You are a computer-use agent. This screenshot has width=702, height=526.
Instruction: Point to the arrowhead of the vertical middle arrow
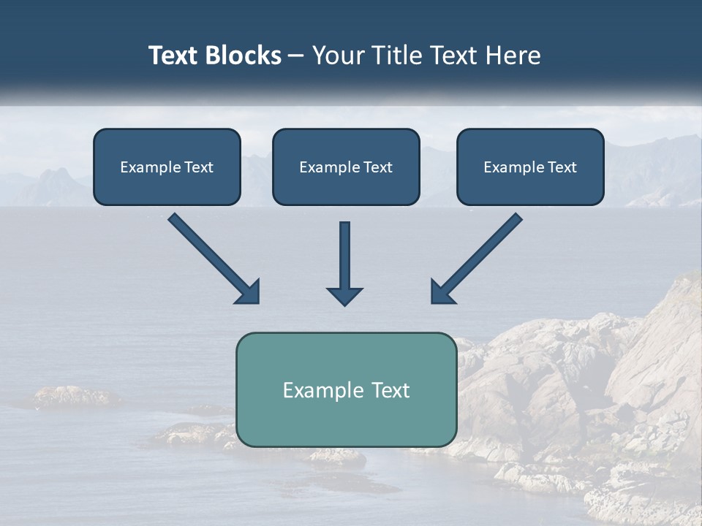click(x=344, y=296)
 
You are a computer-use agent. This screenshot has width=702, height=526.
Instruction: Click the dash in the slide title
click(x=296, y=56)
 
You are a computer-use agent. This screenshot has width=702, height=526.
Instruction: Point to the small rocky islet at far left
click(x=73, y=397)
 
